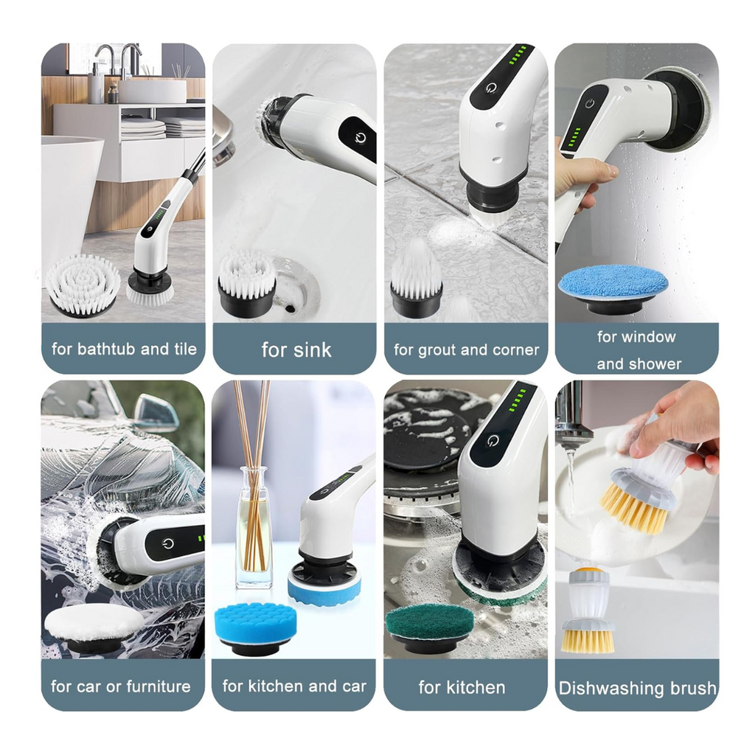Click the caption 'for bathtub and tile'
(124, 349)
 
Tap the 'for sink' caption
(296, 349)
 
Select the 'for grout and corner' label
(466, 349)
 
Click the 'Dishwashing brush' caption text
(637, 688)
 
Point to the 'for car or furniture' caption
(121, 686)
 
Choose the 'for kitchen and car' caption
(294, 686)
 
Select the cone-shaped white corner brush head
(416, 276)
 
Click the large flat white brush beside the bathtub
(83, 284)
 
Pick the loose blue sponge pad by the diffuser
(255, 626)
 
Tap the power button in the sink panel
(360, 139)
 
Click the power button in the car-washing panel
(168, 543)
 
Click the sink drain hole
(290, 307)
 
